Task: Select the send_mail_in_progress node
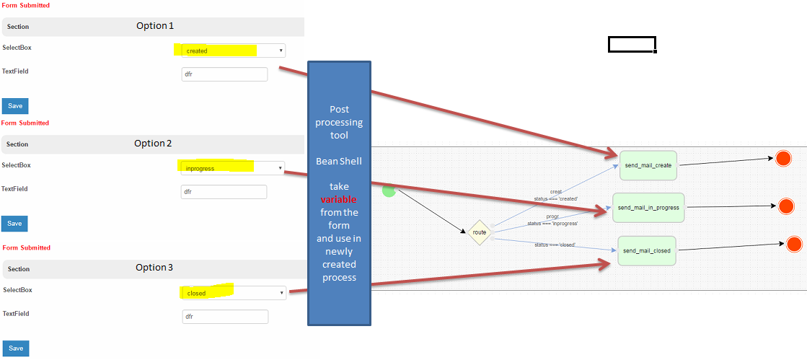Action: pos(648,208)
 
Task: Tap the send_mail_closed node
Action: pos(647,251)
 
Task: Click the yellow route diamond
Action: pos(480,232)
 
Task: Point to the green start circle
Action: pos(389,190)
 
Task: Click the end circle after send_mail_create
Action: pos(783,159)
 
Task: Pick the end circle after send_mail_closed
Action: pos(794,244)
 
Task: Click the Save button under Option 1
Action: pos(15,106)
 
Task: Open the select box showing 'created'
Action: pos(229,51)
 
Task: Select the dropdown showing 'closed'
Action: pos(232,293)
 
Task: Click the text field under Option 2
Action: pos(224,192)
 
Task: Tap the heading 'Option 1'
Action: pos(155,26)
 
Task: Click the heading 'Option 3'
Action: pos(154,268)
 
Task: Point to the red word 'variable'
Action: pos(339,199)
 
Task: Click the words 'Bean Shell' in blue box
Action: pos(339,161)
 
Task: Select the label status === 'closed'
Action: pos(555,245)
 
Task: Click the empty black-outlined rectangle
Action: pos(632,45)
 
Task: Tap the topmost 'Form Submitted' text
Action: pos(25,5)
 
